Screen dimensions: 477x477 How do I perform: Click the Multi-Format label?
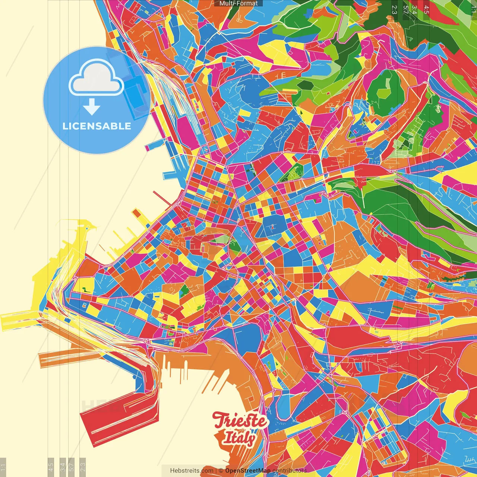coord(238,3)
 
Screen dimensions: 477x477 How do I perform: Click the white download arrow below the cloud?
coord(92,107)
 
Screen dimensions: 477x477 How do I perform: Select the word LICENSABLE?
coord(97,126)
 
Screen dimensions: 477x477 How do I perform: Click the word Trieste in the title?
coord(240,421)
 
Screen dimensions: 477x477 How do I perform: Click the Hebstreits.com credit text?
coord(192,471)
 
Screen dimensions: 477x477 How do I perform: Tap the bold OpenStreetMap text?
coord(247,471)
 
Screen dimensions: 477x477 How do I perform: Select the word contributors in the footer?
coord(290,471)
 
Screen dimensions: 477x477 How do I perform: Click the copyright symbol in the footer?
coord(221,471)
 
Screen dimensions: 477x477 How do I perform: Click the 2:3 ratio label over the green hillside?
coord(394,10)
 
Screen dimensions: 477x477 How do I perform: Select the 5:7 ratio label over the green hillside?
coord(405,10)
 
